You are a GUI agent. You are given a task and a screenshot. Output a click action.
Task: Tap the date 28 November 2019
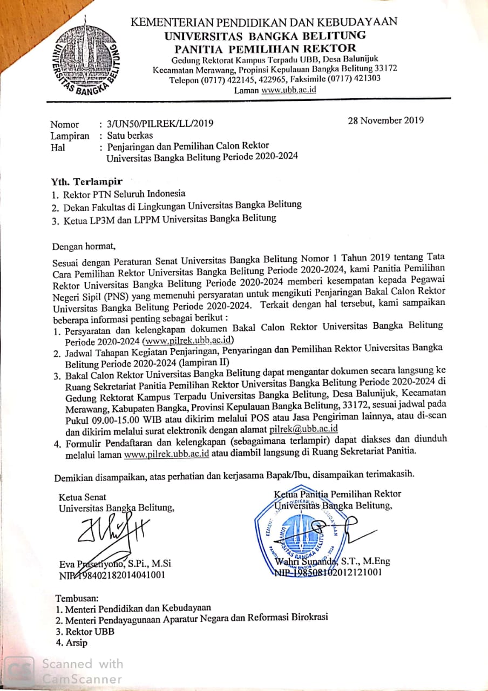click(x=386, y=120)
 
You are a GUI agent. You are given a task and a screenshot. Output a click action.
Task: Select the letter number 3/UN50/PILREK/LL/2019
click(x=160, y=124)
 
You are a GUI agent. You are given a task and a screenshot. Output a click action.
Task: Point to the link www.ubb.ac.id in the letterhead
click(x=288, y=90)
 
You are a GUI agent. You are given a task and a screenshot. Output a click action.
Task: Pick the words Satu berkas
click(x=130, y=136)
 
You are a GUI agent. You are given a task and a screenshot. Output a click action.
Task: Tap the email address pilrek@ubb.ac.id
click(x=303, y=429)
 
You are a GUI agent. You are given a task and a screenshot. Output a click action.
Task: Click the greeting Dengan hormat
click(x=84, y=247)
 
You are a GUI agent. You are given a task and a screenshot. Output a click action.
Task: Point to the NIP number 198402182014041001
click(x=119, y=575)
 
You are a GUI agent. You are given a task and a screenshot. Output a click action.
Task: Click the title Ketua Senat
click(x=83, y=497)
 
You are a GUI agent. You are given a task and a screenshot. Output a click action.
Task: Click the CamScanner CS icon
click(x=22, y=671)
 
